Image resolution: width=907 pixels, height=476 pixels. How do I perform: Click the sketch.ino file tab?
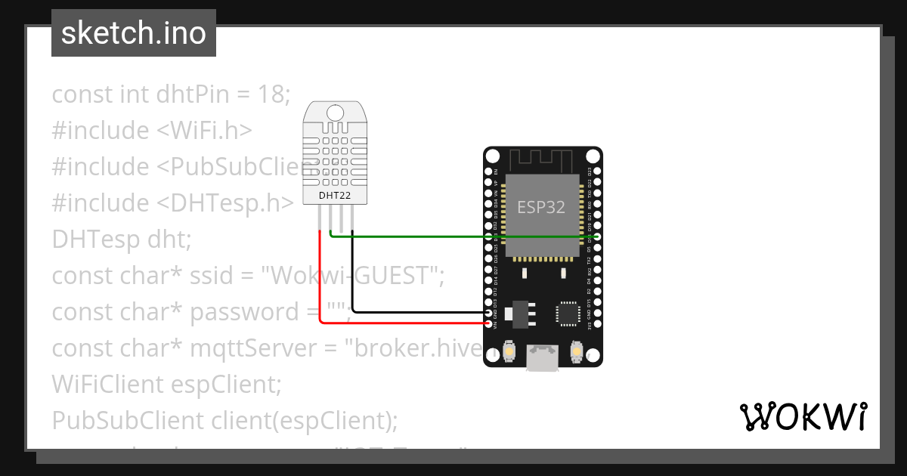pyautogui.click(x=134, y=33)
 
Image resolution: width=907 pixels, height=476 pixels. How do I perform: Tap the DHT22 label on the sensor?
pyautogui.click(x=333, y=195)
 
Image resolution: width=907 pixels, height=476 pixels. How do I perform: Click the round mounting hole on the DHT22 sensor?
pyautogui.click(x=333, y=113)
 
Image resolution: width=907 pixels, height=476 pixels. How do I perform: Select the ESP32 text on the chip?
pyautogui.click(x=541, y=207)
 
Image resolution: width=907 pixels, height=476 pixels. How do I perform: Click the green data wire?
pyautogui.click(x=453, y=236)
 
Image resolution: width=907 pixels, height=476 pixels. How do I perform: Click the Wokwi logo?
pyautogui.click(x=803, y=416)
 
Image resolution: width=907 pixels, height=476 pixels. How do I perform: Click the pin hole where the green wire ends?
pyautogui.click(x=597, y=236)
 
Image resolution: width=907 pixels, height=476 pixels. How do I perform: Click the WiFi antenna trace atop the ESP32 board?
pyautogui.click(x=543, y=160)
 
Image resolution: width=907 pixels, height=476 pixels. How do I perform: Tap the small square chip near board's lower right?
pyautogui.click(x=567, y=314)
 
